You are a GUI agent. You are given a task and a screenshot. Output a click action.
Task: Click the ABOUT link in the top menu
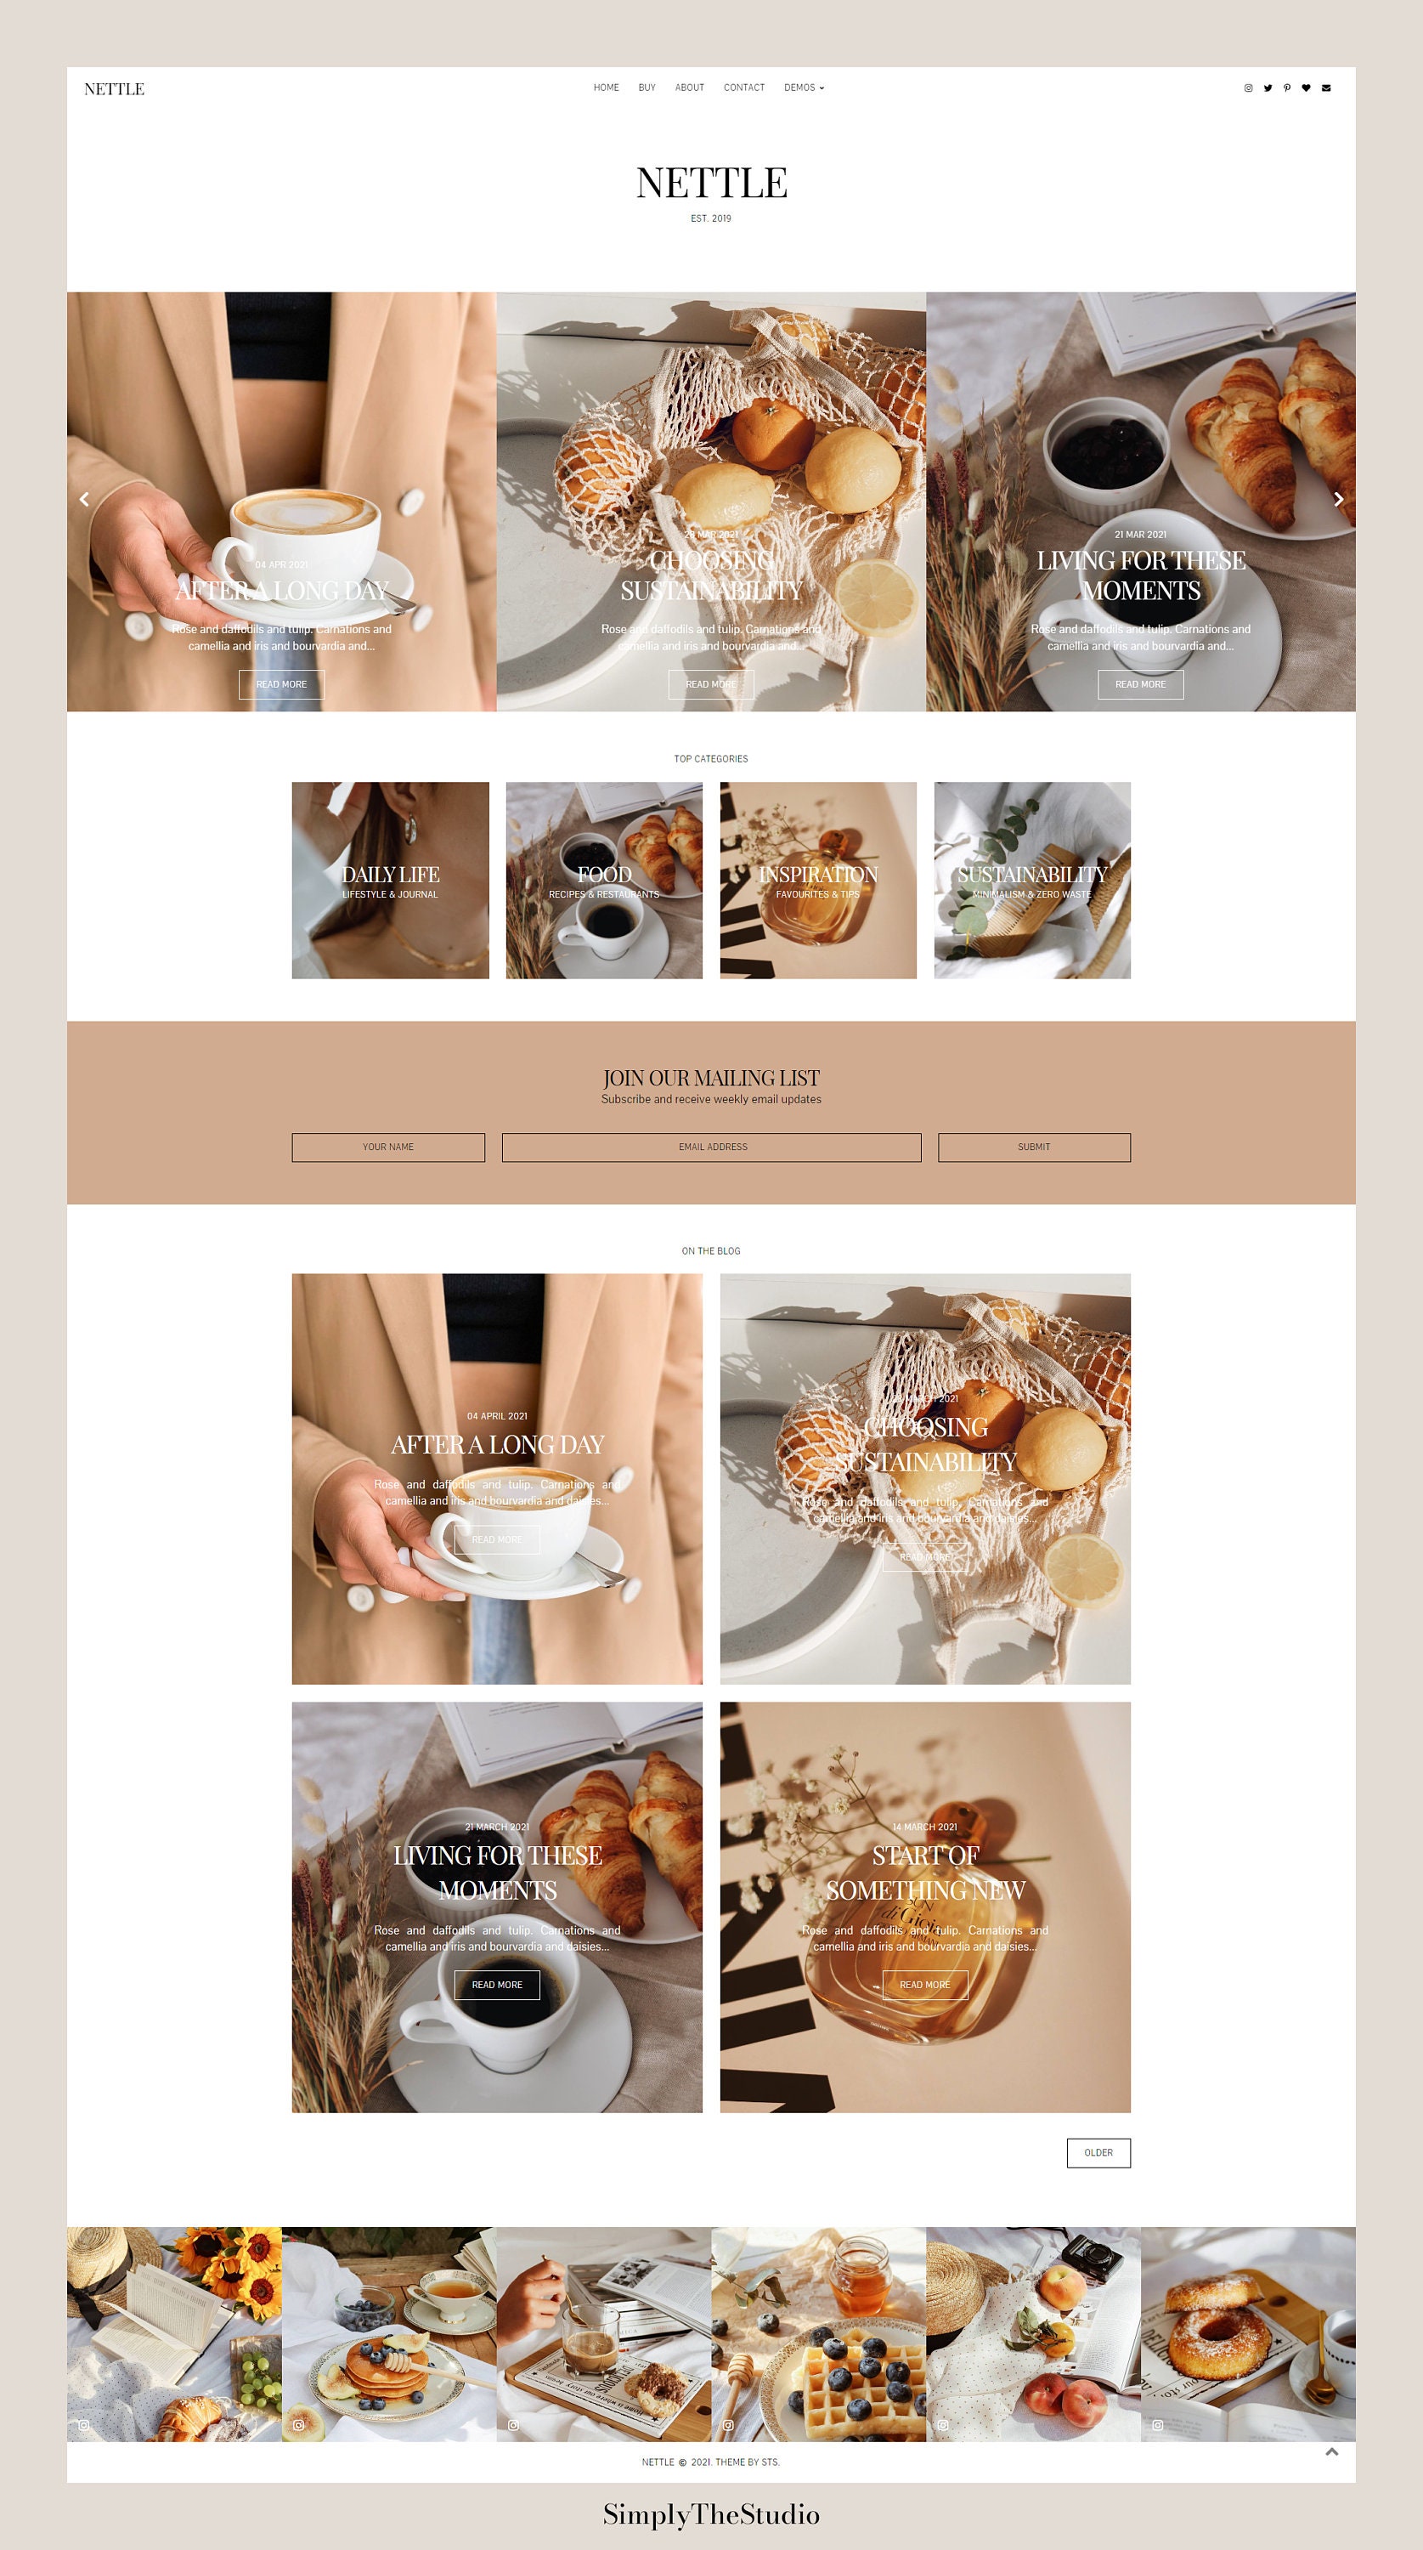click(690, 88)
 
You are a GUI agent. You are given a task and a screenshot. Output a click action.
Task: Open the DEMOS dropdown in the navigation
click(804, 88)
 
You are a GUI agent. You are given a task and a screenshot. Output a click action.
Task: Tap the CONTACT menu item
click(744, 88)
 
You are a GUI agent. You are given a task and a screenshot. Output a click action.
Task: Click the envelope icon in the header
click(1326, 88)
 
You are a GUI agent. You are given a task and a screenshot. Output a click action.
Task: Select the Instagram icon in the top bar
click(1248, 88)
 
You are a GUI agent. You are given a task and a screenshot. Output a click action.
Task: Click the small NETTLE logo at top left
click(114, 89)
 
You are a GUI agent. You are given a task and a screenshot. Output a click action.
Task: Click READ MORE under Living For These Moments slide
click(1140, 684)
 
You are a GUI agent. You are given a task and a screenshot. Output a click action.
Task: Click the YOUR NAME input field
click(388, 1147)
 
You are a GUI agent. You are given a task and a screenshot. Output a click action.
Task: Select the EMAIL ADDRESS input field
click(712, 1147)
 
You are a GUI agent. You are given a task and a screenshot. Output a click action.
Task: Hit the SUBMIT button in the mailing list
click(1034, 1147)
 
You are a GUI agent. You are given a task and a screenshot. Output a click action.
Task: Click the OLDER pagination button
click(1098, 2153)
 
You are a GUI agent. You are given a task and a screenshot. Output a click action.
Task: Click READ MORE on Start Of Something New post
click(924, 1985)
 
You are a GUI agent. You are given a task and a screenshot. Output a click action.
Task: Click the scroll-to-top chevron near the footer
click(1332, 2451)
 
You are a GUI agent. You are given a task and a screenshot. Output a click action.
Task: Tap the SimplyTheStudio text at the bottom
click(712, 2514)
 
